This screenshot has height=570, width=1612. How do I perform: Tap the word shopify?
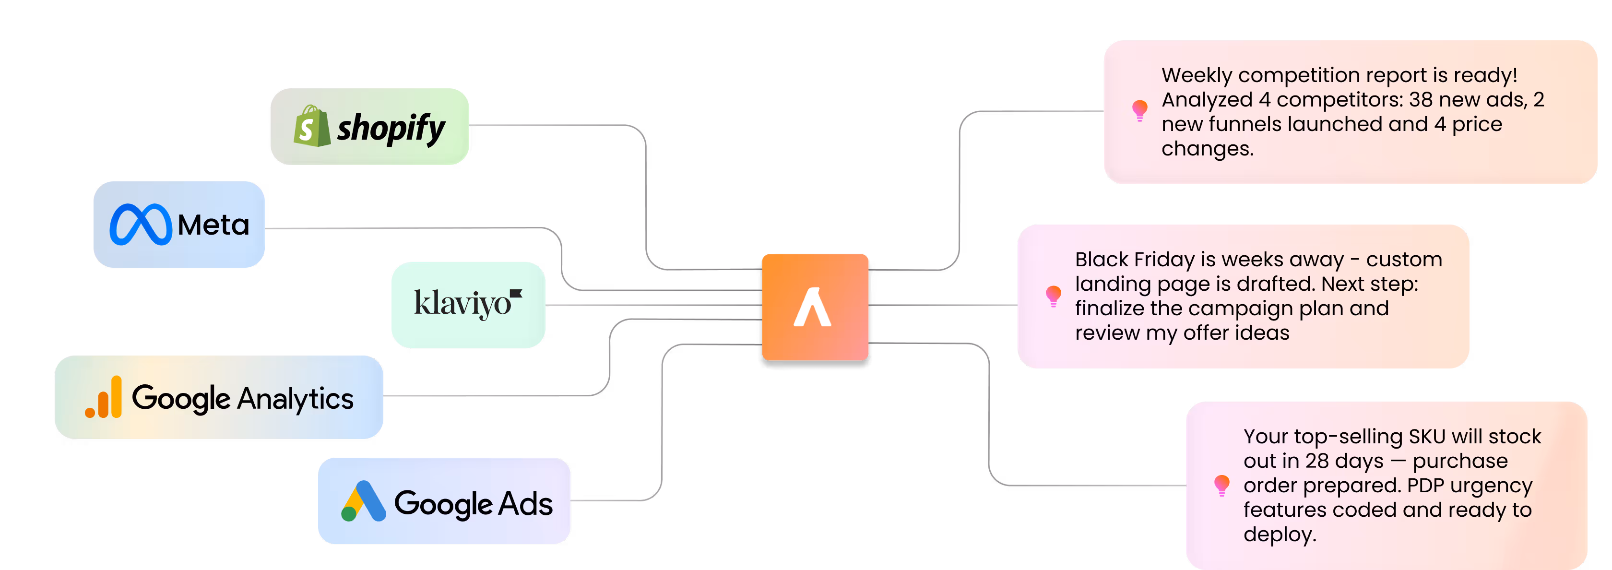[391, 128]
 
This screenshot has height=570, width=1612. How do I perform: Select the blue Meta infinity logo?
[140, 225]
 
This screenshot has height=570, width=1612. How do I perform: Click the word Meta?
[213, 225]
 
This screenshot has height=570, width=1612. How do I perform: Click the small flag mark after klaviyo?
[516, 293]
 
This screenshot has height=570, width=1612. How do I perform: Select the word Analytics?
[296, 399]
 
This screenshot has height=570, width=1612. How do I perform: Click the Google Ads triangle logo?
[363, 501]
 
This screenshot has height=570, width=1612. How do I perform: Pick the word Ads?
[526, 504]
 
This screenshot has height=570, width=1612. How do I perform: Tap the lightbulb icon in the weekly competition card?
[1139, 111]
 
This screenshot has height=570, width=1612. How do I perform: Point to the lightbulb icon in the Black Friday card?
[1053, 296]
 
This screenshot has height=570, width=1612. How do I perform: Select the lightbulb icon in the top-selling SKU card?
[1221, 486]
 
